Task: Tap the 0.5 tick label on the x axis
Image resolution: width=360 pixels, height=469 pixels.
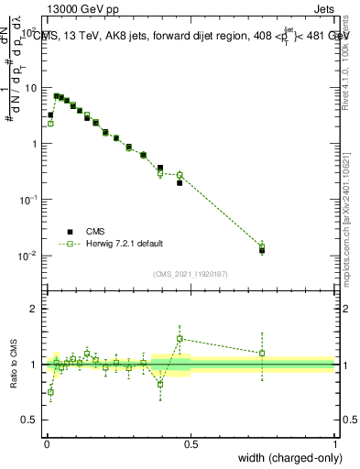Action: (x=191, y=442)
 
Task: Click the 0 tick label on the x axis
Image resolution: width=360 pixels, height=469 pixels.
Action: (x=46, y=442)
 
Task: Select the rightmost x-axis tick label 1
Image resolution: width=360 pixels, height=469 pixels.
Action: (x=335, y=442)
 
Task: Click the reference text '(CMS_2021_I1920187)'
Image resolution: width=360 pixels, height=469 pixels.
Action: (x=190, y=273)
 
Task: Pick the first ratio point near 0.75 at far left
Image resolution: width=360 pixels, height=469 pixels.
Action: (x=50, y=392)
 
